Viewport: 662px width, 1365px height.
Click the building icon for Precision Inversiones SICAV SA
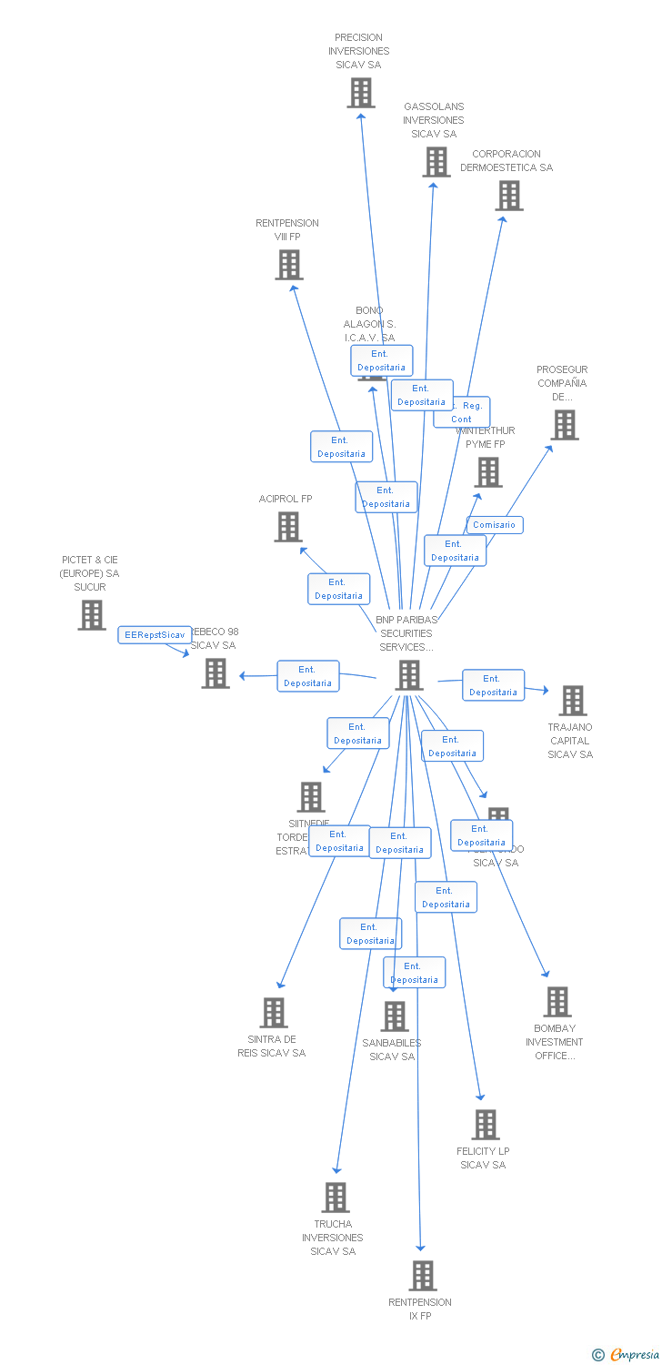click(x=361, y=93)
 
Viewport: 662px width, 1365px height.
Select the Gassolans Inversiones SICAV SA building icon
click(x=436, y=162)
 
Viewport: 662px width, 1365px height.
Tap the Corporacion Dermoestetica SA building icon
click(x=509, y=196)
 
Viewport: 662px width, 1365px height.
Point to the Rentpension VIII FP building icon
click(x=289, y=265)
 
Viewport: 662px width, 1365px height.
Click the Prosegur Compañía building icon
click(x=564, y=425)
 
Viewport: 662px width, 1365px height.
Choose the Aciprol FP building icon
click(x=288, y=527)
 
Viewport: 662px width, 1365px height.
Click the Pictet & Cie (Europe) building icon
click(x=92, y=615)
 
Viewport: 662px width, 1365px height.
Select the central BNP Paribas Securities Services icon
click(x=410, y=675)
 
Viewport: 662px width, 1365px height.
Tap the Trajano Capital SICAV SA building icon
click(x=573, y=701)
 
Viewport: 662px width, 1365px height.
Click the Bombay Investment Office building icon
click(x=557, y=1002)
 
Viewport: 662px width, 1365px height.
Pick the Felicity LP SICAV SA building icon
click(x=486, y=1125)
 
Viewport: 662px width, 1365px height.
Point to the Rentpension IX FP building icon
click(x=423, y=1276)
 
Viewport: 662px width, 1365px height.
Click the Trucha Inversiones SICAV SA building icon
click(x=336, y=1198)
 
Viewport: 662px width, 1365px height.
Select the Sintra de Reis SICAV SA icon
click(x=274, y=1013)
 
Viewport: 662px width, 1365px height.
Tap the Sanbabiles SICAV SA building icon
click(x=395, y=1016)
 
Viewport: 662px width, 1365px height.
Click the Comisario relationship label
click(x=495, y=525)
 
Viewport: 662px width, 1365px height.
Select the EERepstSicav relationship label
click(x=155, y=635)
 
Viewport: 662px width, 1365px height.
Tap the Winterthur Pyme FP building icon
click(x=488, y=472)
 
